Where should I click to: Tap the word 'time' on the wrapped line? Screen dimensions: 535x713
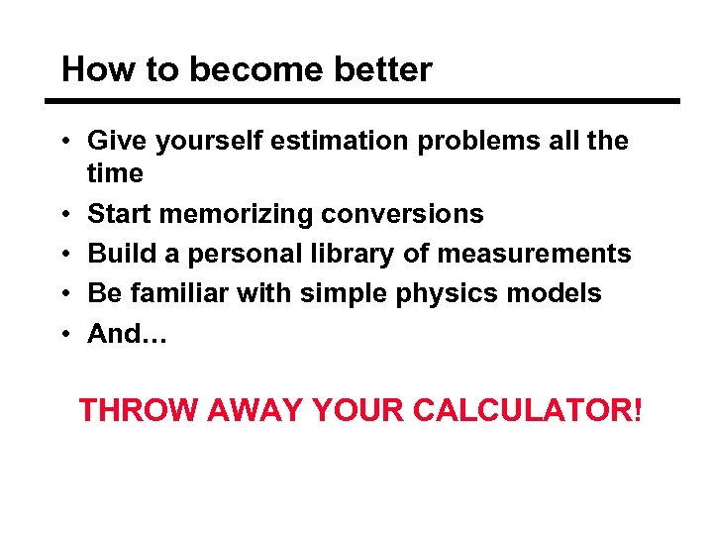tap(115, 174)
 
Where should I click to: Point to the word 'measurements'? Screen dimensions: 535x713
tap(533, 254)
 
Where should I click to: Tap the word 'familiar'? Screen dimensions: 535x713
tap(181, 293)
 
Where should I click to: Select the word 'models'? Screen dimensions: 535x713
tap(558, 293)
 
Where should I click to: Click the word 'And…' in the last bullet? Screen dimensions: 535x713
tap(129, 334)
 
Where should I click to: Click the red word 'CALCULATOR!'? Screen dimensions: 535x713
tap(528, 409)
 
